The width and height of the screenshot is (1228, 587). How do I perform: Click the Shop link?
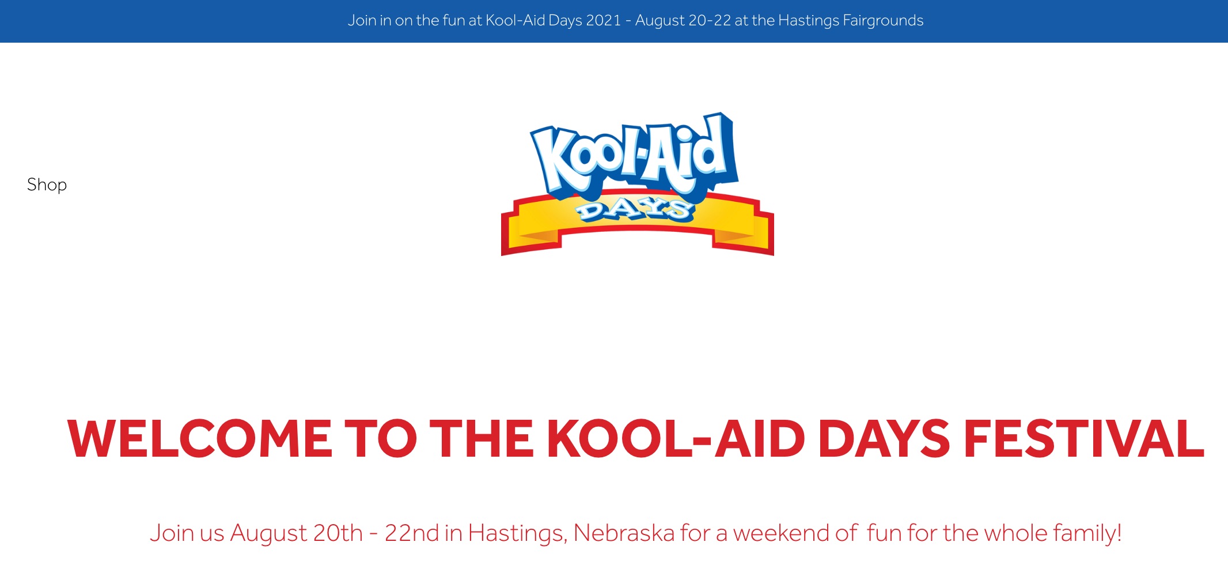coord(47,185)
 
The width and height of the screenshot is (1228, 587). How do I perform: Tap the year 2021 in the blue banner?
coord(603,21)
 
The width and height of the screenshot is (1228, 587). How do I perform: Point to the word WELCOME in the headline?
coord(200,439)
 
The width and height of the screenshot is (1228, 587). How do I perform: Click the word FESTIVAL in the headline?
coord(1083,439)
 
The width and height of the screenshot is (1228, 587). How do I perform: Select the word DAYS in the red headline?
coord(884,439)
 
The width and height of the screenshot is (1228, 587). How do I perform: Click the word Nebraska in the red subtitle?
coord(624,533)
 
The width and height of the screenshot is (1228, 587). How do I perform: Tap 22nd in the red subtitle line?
coord(412,533)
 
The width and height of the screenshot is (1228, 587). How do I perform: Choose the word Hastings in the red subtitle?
coord(517,534)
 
